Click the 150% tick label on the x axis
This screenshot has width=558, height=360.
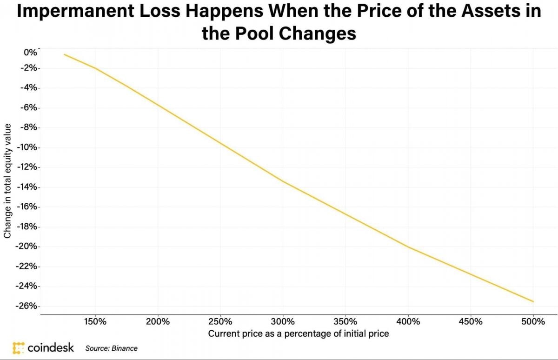point(96,322)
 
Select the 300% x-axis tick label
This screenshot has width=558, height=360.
point(283,322)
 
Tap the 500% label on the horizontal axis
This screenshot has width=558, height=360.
point(533,322)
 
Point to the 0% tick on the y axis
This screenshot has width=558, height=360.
point(30,52)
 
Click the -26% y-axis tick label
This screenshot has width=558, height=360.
point(27,306)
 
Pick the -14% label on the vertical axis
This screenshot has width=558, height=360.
point(27,187)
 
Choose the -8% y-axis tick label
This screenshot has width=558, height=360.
point(28,127)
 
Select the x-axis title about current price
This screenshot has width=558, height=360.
point(298,334)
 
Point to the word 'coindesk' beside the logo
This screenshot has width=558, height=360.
point(51,347)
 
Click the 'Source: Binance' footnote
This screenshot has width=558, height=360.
point(111,348)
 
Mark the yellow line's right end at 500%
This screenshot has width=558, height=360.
point(533,301)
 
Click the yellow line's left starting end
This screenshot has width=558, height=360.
point(64,54)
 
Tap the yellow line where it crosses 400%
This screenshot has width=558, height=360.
point(408,247)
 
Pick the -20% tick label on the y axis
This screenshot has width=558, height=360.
point(27,247)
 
